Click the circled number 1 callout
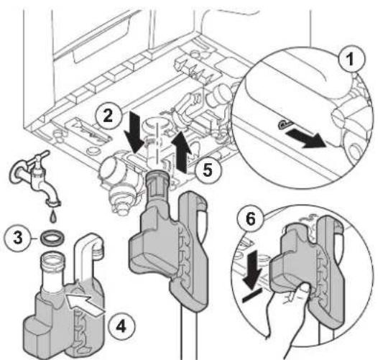point(350,60)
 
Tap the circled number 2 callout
point(108,116)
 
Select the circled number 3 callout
point(18,238)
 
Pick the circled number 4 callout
point(121,327)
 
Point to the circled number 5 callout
point(208,170)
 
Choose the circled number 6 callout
point(251,220)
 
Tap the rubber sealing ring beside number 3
point(52,238)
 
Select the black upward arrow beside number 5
point(181,152)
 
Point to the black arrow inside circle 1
point(305,139)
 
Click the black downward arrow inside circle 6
point(253,269)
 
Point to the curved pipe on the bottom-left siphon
point(88,256)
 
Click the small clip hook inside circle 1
point(285,124)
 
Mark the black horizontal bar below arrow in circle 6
point(252,295)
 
